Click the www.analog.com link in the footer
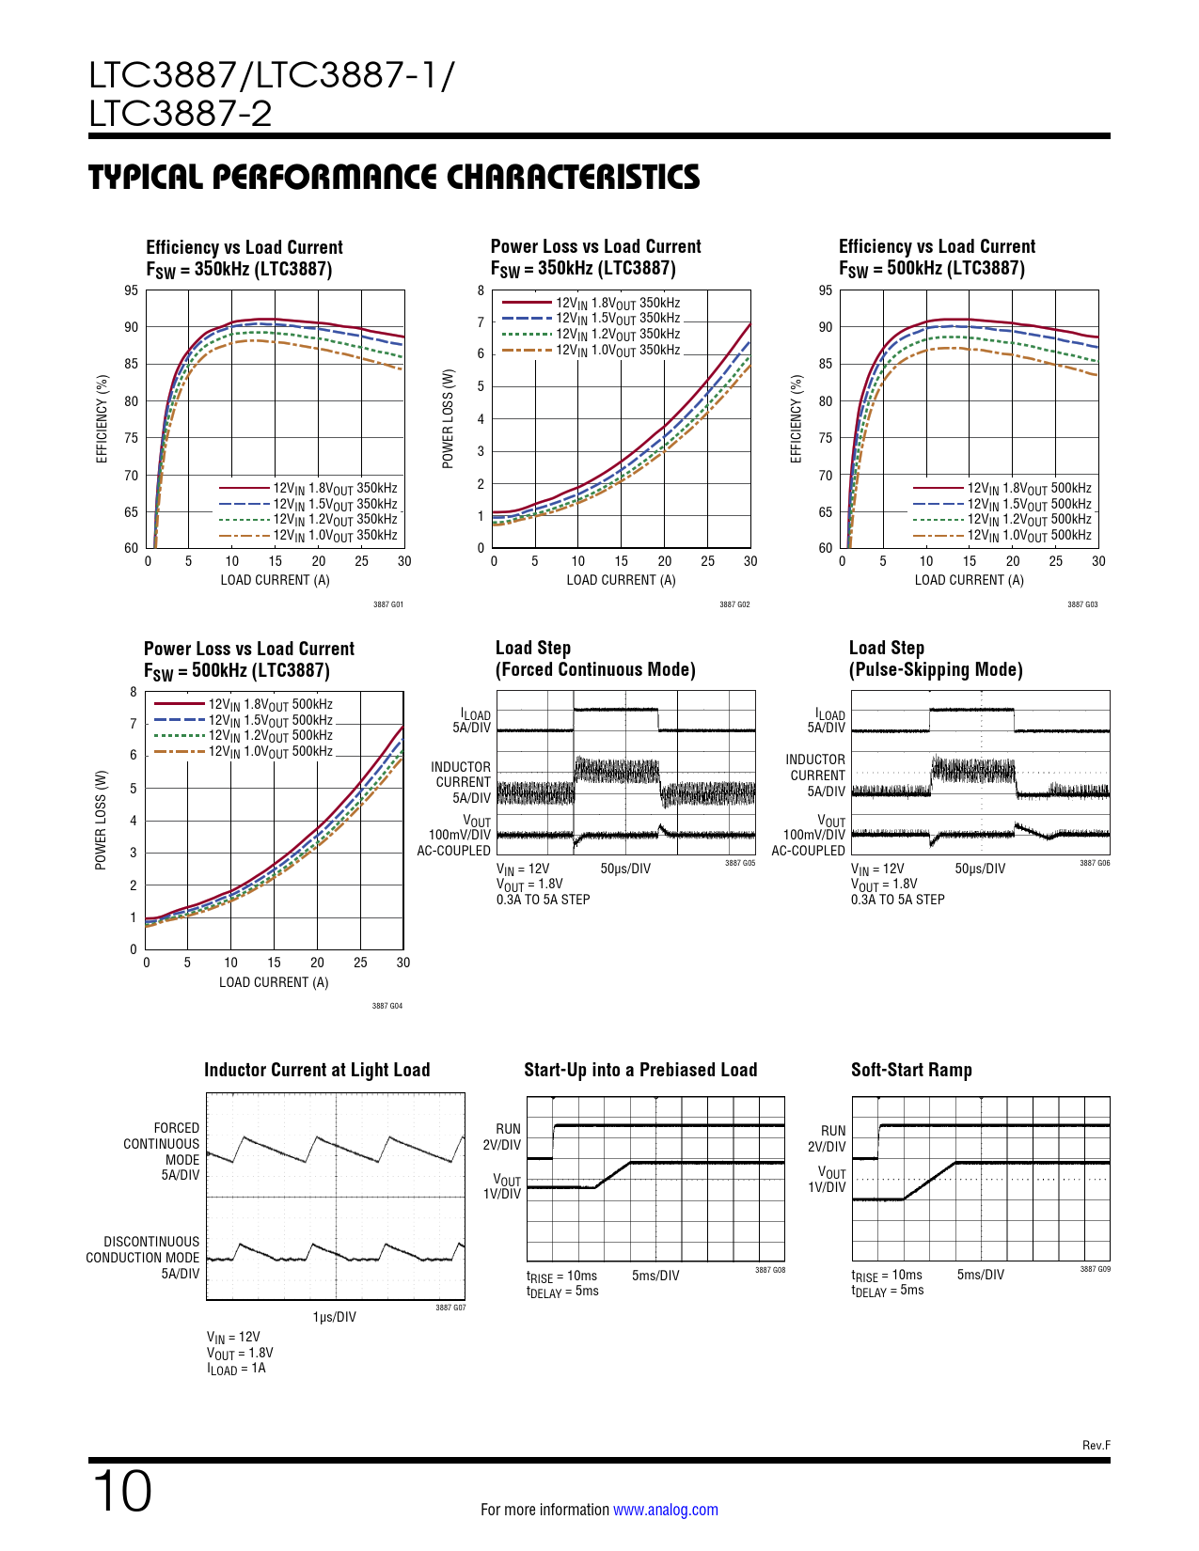click(x=666, y=1509)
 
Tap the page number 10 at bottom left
click(x=122, y=1491)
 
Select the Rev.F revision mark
click(x=1096, y=1445)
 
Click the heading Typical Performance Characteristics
click(x=393, y=177)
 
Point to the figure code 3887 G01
click(x=388, y=604)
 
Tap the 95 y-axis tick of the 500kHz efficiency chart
click(x=826, y=290)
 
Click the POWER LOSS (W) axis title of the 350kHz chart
click(x=448, y=419)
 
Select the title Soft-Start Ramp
click(x=911, y=1070)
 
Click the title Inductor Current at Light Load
click(x=317, y=1070)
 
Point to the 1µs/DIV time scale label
click(x=334, y=1317)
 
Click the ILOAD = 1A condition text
click(x=236, y=1369)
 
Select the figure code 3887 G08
click(x=770, y=1270)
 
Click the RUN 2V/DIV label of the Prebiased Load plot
click(x=502, y=1137)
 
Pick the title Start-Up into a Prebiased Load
click(x=640, y=1070)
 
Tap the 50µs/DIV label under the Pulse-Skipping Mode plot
click(x=980, y=869)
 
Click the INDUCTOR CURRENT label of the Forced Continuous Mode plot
click(x=461, y=775)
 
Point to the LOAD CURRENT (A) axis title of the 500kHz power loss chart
click(x=274, y=982)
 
